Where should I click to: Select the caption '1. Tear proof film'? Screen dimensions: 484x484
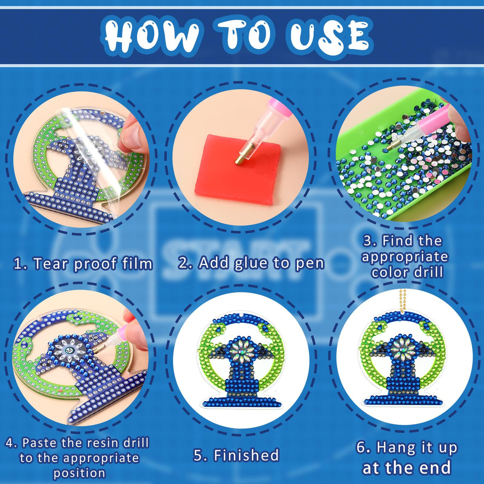click(x=83, y=264)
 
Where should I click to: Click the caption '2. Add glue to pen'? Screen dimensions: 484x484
click(x=251, y=263)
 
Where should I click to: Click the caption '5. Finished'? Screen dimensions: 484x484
click(x=236, y=455)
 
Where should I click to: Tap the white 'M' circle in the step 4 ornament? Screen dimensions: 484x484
click(x=71, y=350)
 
